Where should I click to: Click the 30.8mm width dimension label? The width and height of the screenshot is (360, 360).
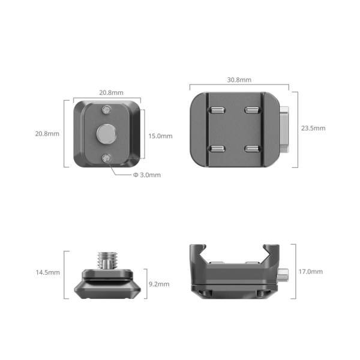click(x=239, y=80)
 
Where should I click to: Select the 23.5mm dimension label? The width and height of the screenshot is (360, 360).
click(x=313, y=128)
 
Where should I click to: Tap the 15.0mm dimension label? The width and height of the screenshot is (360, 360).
click(x=160, y=136)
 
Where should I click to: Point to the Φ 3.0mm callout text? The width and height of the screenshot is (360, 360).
click(x=147, y=175)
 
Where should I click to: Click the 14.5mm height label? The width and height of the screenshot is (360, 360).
click(x=47, y=272)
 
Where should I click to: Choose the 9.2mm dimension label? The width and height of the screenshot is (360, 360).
click(x=159, y=283)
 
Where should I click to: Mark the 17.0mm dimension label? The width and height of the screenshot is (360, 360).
click(x=311, y=271)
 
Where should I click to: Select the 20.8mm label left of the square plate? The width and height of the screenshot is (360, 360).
click(x=47, y=133)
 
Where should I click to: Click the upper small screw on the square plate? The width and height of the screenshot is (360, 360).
click(x=107, y=110)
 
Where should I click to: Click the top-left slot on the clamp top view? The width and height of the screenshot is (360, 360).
click(x=216, y=110)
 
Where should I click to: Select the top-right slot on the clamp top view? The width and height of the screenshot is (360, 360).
click(x=251, y=110)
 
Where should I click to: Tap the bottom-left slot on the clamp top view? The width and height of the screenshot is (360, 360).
click(x=216, y=148)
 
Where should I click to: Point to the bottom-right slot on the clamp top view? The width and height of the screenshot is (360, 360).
click(x=251, y=148)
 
